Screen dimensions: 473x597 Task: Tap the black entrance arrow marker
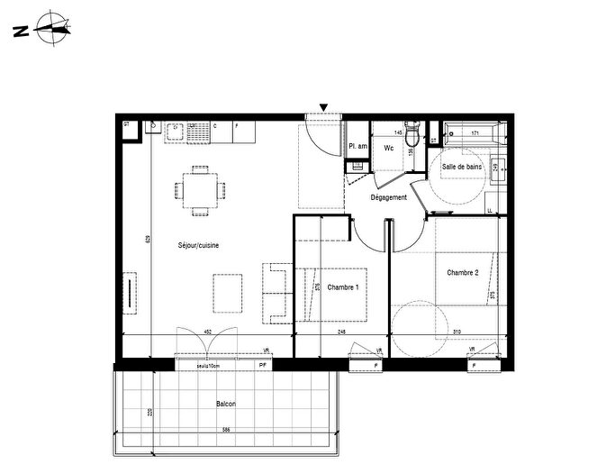click(x=323, y=108)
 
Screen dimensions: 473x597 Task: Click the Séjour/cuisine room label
click(x=199, y=245)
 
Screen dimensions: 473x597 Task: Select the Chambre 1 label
click(x=343, y=287)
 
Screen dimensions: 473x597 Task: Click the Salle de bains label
click(x=460, y=167)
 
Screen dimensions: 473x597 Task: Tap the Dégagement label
click(x=390, y=197)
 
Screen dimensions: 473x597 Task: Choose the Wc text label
click(x=389, y=148)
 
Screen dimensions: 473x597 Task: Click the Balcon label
click(x=225, y=405)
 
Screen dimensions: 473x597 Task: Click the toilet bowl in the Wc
click(x=412, y=135)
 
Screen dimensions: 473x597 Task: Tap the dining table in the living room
click(x=198, y=190)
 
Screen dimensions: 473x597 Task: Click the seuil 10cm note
click(x=209, y=366)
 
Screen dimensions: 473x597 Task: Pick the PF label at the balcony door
click(x=263, y=366)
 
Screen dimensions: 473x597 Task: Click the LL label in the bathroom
click(x=489, y=211)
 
